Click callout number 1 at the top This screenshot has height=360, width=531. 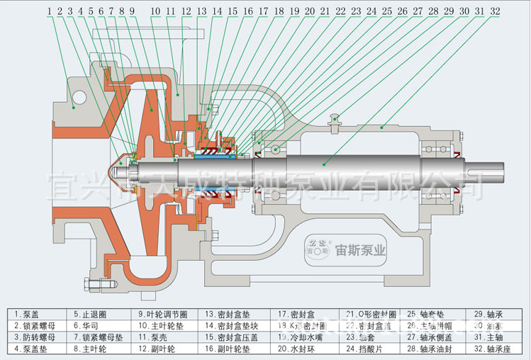(51, 11)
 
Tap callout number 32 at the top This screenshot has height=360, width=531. (494, 11)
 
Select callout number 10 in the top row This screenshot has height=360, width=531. (155, 11)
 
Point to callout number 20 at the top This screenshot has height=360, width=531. (309, 11)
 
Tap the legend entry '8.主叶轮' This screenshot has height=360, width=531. (89, 349)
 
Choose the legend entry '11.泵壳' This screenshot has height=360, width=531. (150, 337)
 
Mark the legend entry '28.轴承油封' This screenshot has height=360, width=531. (431, 349)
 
